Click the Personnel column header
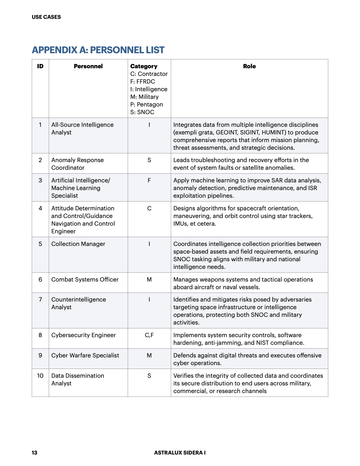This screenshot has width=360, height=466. click(x=88, y=66)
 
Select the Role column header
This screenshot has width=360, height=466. click(x=249, y=66)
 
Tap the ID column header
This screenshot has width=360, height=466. click(x=40, y=66)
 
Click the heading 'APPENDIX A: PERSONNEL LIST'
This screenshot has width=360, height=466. click(x=98, y=50)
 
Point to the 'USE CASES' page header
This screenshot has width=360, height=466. click(x=46, y=17)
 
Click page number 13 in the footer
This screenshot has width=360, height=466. click(x=34, y=452)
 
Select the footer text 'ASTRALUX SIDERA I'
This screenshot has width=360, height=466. click(x=180, y=452)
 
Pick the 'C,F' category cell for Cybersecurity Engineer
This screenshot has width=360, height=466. click(x=149, y=335)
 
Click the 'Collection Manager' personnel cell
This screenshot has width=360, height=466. click(x=78, y=244)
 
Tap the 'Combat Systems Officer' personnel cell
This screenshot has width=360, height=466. click(x=85, y=279)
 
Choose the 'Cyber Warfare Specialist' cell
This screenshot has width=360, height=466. click(x=85, y=355)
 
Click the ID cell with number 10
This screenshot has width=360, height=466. click(x=40, y=376)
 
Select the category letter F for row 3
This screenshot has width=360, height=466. click(x=149, y=180)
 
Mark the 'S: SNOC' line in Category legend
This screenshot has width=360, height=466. click(x=142, y=112)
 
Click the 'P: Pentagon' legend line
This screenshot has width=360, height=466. click(x=146, y=104)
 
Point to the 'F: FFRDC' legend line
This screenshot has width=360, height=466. click(x=143, y=81)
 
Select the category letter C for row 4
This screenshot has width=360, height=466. click(x=149, y=208)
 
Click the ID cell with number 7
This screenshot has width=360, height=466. click(x=40, y=299)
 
